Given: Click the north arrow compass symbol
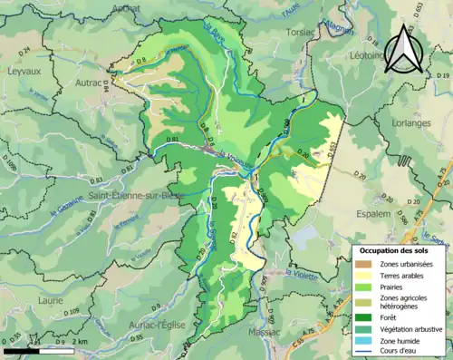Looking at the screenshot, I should [403, 51].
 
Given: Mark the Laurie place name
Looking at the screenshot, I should [51, 297].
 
